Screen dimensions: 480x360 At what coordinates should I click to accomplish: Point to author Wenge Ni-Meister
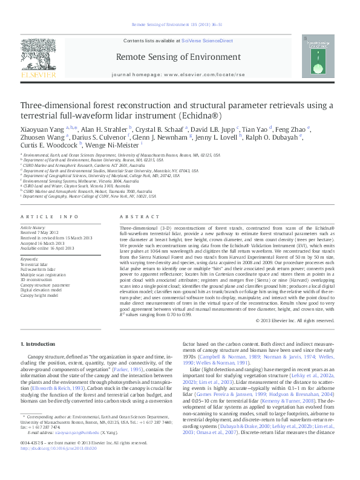pyautogui.click(x=113, y=145)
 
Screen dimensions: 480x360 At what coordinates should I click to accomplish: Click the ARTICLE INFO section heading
pyautogui.click(x=50, y=216)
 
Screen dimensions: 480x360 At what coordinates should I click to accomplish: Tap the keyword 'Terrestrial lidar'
pyautogui.click(x=35, y=265)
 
